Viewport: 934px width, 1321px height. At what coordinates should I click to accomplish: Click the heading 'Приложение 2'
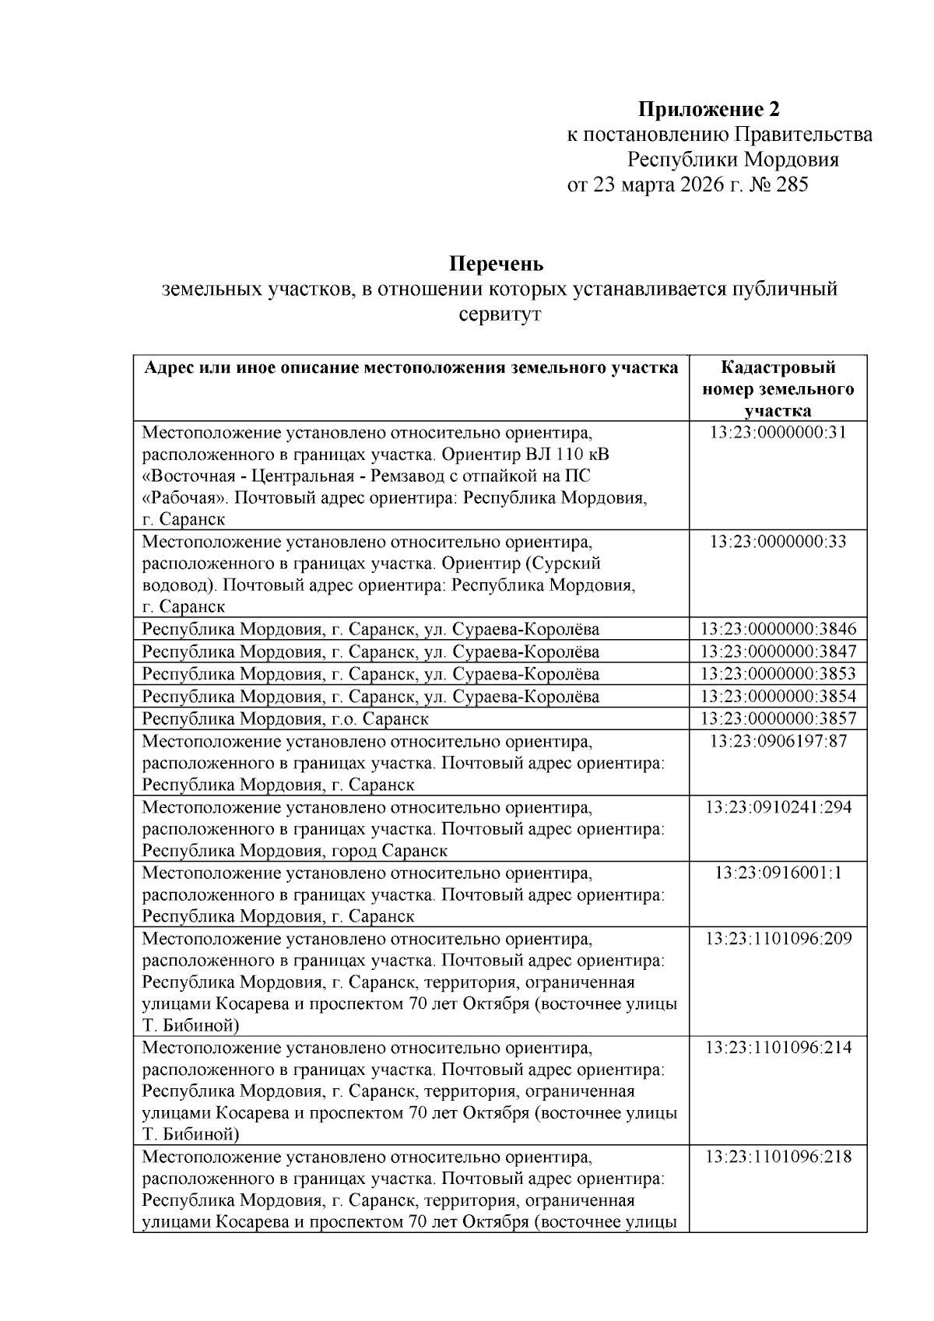708,108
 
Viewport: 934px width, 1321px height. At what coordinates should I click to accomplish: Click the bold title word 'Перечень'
495,263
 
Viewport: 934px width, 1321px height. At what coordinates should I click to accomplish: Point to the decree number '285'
792,185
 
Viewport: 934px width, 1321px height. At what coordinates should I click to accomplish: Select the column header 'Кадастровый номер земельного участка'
778,388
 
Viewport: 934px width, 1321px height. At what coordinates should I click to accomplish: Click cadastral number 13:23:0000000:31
778,433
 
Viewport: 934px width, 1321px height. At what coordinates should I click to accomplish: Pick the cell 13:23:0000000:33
778,541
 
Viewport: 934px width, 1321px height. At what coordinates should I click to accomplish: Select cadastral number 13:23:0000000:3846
778,629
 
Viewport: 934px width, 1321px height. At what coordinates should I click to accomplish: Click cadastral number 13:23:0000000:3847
778,651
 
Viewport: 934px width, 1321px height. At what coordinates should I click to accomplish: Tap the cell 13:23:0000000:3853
778,673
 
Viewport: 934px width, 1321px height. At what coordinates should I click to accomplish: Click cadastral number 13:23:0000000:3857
778,718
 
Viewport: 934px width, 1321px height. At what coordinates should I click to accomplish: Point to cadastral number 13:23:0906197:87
778,740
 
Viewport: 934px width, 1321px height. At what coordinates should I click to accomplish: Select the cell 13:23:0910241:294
778,806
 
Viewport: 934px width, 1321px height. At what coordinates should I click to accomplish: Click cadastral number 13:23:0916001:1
778,872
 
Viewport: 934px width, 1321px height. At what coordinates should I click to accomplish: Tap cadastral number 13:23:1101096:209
778,938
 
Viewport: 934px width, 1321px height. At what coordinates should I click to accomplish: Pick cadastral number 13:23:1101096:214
778,1047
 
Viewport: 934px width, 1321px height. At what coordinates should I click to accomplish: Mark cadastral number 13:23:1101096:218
778,1157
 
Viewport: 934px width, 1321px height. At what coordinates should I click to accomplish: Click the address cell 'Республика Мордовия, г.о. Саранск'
285,718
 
